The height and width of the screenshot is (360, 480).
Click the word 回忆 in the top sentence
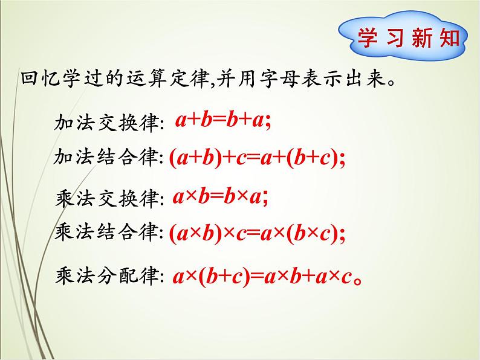(x=36, y=80)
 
